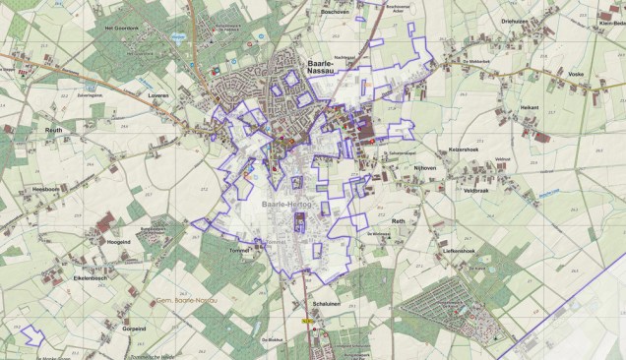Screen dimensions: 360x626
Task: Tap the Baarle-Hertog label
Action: coord(285,203)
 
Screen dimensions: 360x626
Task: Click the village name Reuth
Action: coord(52,128)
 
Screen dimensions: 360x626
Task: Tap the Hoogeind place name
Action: coord(118,241)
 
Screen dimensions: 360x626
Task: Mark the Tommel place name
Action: coord(241,249)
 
